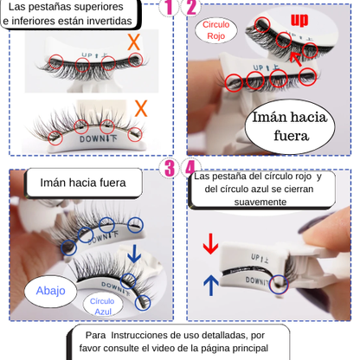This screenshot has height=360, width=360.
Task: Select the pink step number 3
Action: click(170, 166)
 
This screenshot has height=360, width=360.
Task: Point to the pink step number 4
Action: click(191, 166)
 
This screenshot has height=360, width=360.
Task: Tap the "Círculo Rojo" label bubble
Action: click(215, 31)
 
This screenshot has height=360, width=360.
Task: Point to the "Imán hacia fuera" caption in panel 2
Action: click(291, 127)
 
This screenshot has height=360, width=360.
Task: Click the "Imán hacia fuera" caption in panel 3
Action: click(83, 183)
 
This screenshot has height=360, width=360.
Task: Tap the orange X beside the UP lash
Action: click(133, 42)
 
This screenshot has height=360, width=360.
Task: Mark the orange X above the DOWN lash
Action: click(141, 107)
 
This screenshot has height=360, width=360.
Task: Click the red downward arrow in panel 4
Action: click(210, 244)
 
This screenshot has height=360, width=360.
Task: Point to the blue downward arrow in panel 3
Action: click(133, 254)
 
